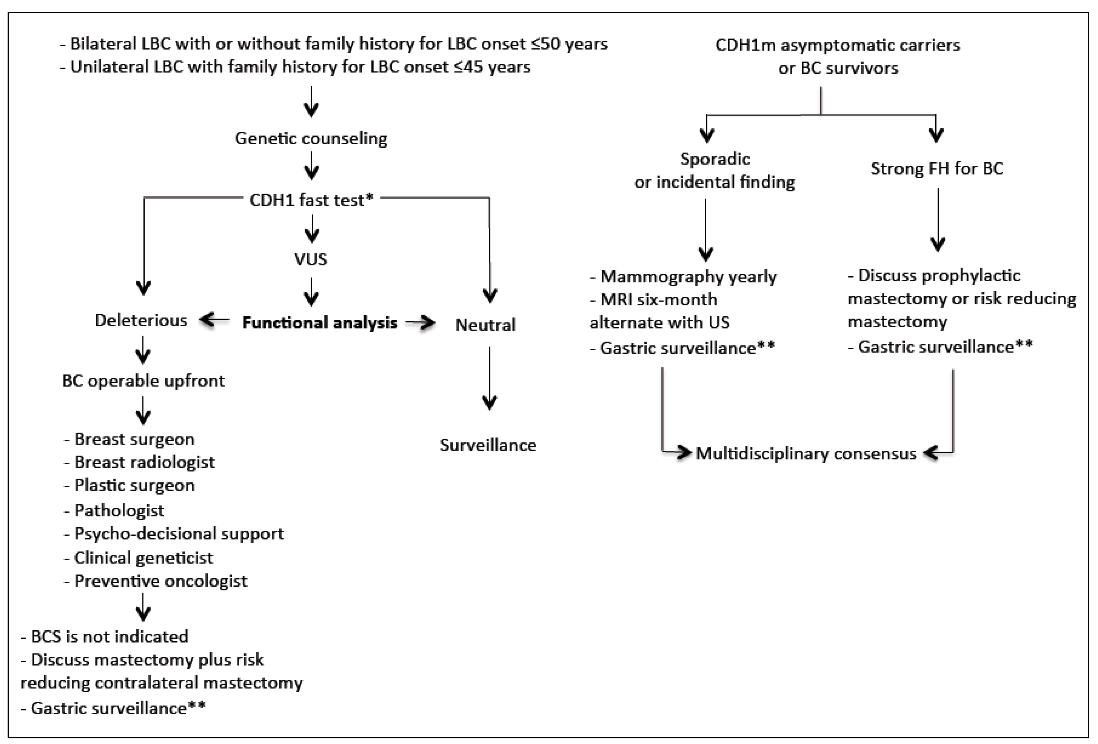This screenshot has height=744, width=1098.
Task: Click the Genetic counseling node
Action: tap(311, 138)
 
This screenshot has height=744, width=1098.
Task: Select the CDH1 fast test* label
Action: tap(311, 200)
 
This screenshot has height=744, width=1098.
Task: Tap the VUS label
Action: tap(311, 259)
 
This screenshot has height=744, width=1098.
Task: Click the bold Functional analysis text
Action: tap(320, 323)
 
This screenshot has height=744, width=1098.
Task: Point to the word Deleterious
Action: tap(141, 321)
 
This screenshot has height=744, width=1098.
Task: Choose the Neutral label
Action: tap(485, 325)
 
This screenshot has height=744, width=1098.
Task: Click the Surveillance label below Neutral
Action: tap(488, 445)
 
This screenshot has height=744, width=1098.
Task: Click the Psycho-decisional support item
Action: tap(179, 534)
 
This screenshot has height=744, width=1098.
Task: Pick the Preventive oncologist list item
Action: tap(161, 581)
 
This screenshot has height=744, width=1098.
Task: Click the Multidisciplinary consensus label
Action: tap(806, 454)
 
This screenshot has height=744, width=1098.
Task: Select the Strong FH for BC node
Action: tap(937, 169)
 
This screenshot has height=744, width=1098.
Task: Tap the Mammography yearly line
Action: tap(688, 277)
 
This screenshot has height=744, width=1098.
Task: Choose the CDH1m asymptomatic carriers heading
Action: tap(838, 45)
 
